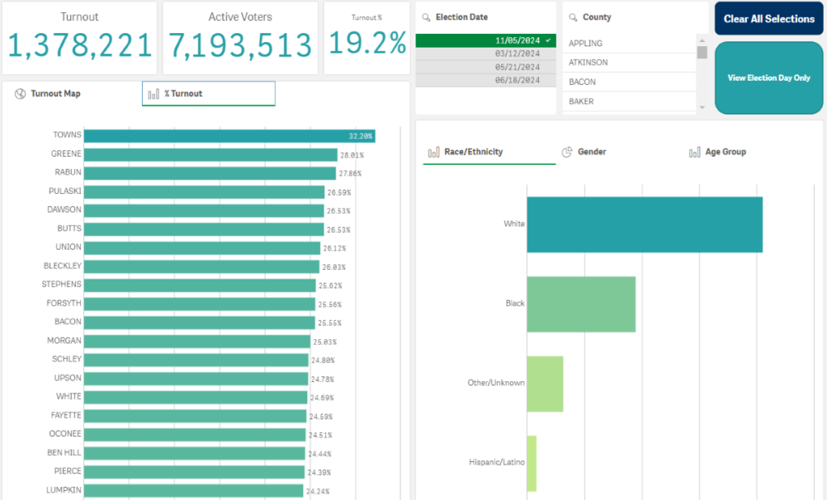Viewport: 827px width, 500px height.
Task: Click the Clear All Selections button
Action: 769,19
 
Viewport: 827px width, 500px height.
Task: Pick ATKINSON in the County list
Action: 589,62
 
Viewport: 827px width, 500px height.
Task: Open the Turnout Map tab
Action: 55,94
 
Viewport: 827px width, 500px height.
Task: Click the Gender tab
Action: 591,152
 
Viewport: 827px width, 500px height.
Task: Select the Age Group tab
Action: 725,152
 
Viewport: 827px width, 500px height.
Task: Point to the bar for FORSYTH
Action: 199,304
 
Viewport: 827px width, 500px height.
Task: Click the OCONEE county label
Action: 64,434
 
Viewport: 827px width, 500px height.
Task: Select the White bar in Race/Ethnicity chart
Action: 645,225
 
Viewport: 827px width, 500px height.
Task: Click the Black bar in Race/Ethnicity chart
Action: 581,304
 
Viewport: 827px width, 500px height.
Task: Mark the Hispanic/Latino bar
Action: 532,463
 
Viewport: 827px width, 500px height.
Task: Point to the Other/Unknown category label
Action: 496,383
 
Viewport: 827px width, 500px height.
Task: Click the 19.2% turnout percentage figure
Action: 367,44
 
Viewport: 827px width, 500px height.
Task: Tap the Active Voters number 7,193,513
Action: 240,46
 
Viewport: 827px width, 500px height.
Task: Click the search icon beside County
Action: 572,17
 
